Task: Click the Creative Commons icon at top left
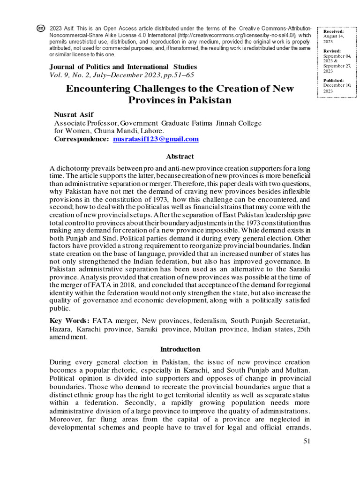(x=41, y=29)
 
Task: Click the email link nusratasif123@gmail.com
(x=156, y=139)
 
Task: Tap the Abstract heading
(x=180, y=157)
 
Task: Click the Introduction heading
(x=180, y=349)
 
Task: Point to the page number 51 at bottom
(x=307, y=441)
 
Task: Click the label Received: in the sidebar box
(x=333, y=31)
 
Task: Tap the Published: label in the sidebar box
(x=334, y=81)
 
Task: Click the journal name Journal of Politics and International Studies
(x=123, y=67)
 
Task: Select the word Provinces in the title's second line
(x=156, y=100)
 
